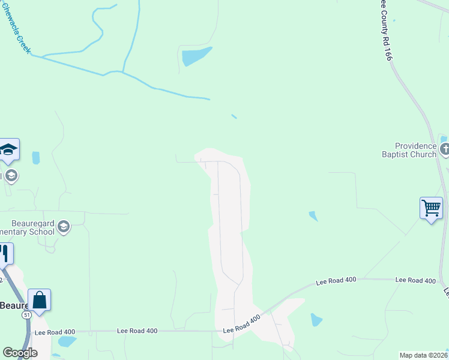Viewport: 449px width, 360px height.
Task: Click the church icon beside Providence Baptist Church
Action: tap(444, 149)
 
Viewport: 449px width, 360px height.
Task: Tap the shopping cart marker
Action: tap(431, 208)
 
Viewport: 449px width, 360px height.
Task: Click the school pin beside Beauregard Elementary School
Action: tap(64, 227)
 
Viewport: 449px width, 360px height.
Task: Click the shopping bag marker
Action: tap(39, 299)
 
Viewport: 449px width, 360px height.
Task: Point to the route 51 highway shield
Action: tap(26, 314)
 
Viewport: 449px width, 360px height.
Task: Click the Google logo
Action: tap(20, 353)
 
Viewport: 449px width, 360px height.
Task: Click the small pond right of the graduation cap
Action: tap(35, 158)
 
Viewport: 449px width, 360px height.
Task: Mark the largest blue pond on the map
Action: tap(196, 56)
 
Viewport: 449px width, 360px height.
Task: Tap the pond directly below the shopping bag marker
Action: tap(67, 342)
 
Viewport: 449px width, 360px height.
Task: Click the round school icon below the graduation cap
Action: tap(11, 176)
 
